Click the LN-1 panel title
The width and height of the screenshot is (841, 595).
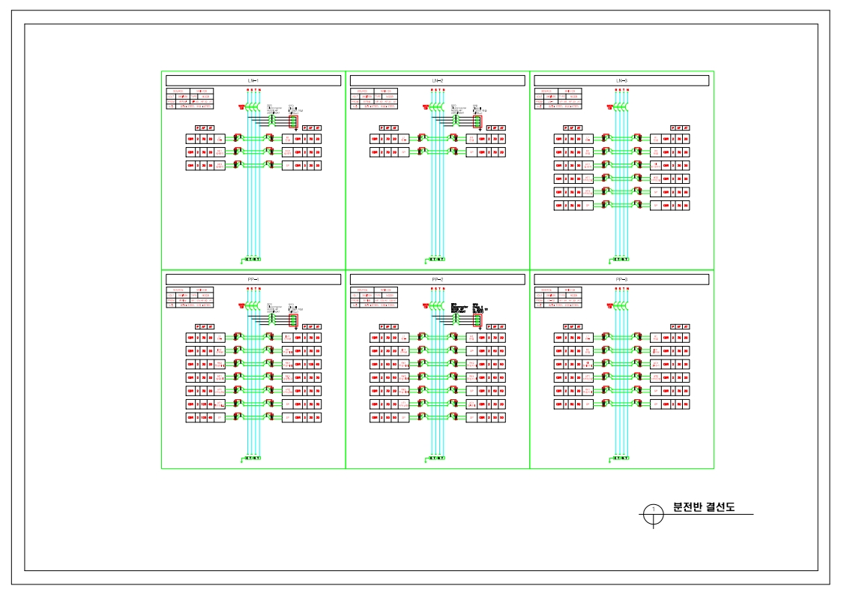coord(253,80)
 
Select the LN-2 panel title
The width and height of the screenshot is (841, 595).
coord(437,80)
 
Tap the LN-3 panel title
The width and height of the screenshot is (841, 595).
coord(621,80)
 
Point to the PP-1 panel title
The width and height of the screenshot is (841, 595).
coord(253,279)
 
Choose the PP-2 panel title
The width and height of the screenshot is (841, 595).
coord(437,279)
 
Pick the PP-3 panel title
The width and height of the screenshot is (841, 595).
coord(621,279)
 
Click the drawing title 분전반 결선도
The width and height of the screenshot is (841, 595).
coord(703,507)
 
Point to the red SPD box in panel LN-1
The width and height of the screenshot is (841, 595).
coord(294,121)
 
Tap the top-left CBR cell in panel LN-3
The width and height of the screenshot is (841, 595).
coord(558,139)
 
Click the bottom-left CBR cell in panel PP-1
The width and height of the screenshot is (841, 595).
coord(191,416)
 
